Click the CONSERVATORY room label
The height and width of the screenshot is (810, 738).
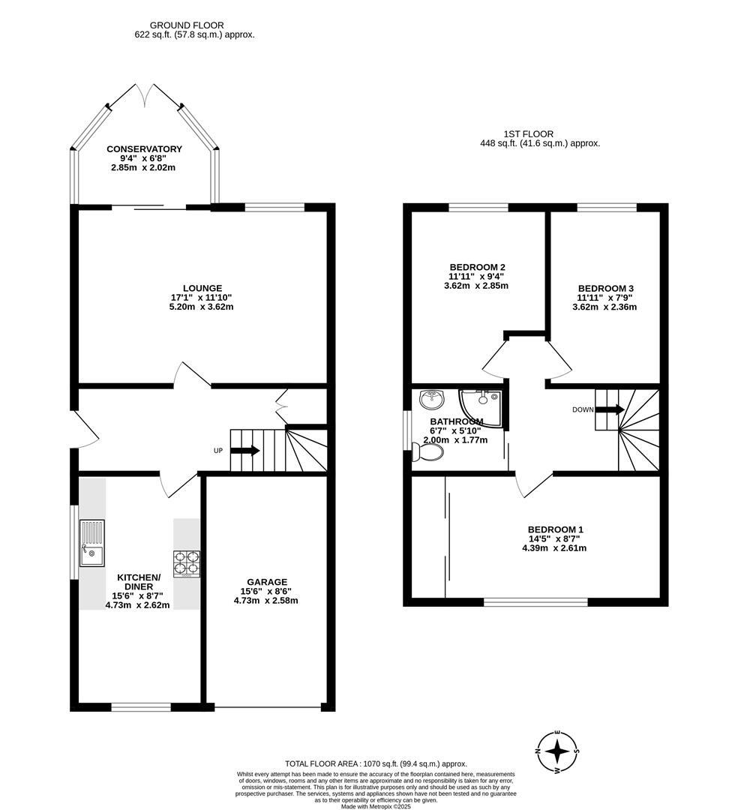[144, 149]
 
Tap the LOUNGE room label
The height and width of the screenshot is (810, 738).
[202, 288]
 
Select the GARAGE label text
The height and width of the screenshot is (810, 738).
[266, 582]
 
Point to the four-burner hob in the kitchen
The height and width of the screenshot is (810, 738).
[187, 563]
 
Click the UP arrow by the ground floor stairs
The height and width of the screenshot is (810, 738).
[245, 451]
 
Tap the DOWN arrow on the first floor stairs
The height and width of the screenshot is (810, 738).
[609, 409]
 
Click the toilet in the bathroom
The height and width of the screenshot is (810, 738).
[417, 451]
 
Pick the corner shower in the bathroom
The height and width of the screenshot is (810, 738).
[481, 406]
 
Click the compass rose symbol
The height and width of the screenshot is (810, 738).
[556, 751]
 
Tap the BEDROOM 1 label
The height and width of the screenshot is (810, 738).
[555, 529]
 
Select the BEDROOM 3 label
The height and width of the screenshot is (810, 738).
[606, 289]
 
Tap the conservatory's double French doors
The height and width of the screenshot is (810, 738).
[144, 95]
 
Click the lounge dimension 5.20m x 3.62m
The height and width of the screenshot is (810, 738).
[202, 307]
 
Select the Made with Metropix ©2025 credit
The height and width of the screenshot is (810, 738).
[376, 806]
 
